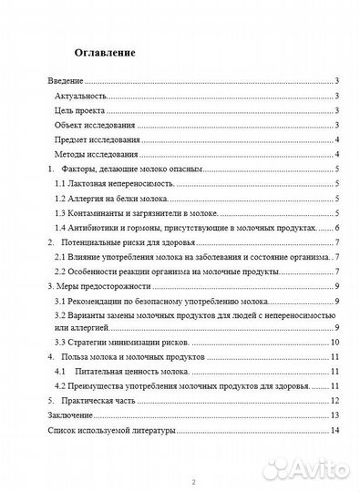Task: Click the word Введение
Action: pyautogui.click(x=66, y=82)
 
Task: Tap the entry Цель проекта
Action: pyautogui.click(x=78, y=110)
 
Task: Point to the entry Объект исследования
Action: pyautogui.click(x=95, y=125)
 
